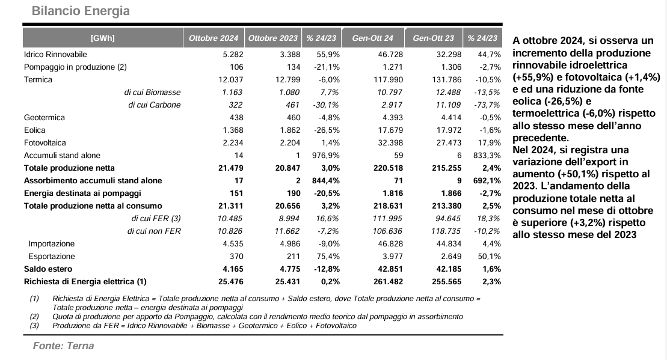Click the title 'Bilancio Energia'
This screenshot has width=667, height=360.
pyautogui.click(x=81, y=11)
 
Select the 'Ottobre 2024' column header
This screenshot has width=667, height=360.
pyautogui.click(x=214, y=38)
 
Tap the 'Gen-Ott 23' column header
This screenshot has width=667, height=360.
pyautogui.click(x=434, y=38)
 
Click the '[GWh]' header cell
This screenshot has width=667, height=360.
pyautogui.click(x=102, y=38)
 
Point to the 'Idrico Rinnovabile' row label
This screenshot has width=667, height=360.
pyautogui.click(x=55, y=55)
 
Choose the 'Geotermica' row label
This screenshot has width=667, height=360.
pyautogui.click(x=45, y=117)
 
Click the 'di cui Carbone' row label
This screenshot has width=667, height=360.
pyautogui.click(x=155, y=105)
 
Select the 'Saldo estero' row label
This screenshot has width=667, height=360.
pyautogui.click(x=48, y=269)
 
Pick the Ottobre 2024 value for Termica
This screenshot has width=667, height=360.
pyautogui.click(x=231, y=80)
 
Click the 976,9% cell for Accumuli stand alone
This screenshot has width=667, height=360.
pyautogui.click(x=326, y=156)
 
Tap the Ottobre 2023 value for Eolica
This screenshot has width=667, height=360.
pyautogui.click(x=290, y=130)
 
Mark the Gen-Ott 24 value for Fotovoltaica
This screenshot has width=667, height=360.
pyautogui.click(x=390, y=143)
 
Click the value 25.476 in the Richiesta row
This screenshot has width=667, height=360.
pyautogui.click(x=230, y=281)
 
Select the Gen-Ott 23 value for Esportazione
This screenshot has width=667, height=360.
pyautogui.click(x=451, y=256)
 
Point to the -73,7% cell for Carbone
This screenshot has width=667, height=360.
pyautogui.click(x=488, y=105)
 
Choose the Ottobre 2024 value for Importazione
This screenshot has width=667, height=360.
pyautogui.click(x=233, y=244)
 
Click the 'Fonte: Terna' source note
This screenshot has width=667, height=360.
pyautogui.click(x=63, y=346)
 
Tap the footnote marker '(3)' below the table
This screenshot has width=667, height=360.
pyautogui.click(x=34, y=326)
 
